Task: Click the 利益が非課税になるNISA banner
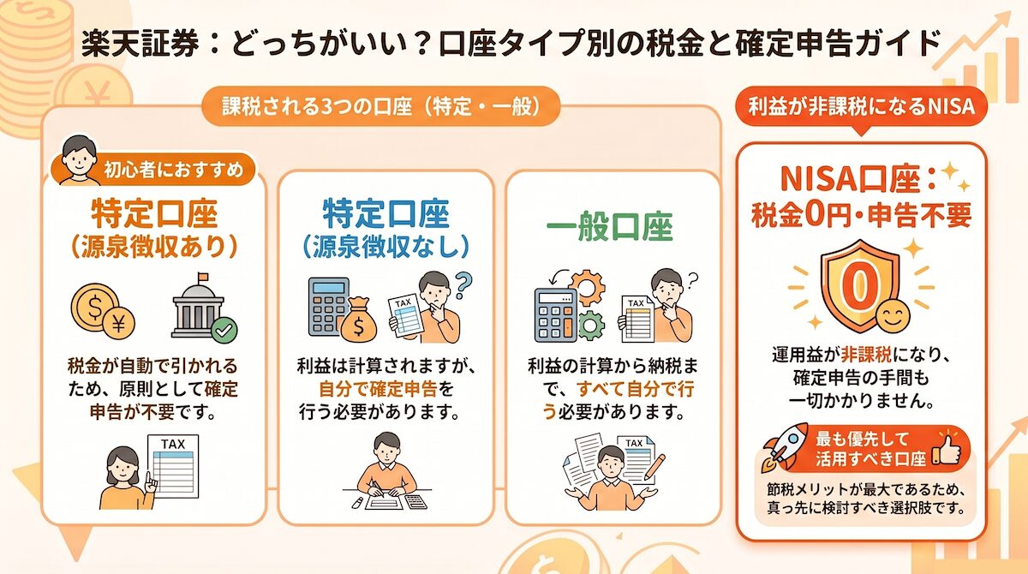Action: pos(862,109)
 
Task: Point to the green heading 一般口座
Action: pos(610,227)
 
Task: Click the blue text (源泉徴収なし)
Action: pos(385,246)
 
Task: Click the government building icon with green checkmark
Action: pos(202,309)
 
